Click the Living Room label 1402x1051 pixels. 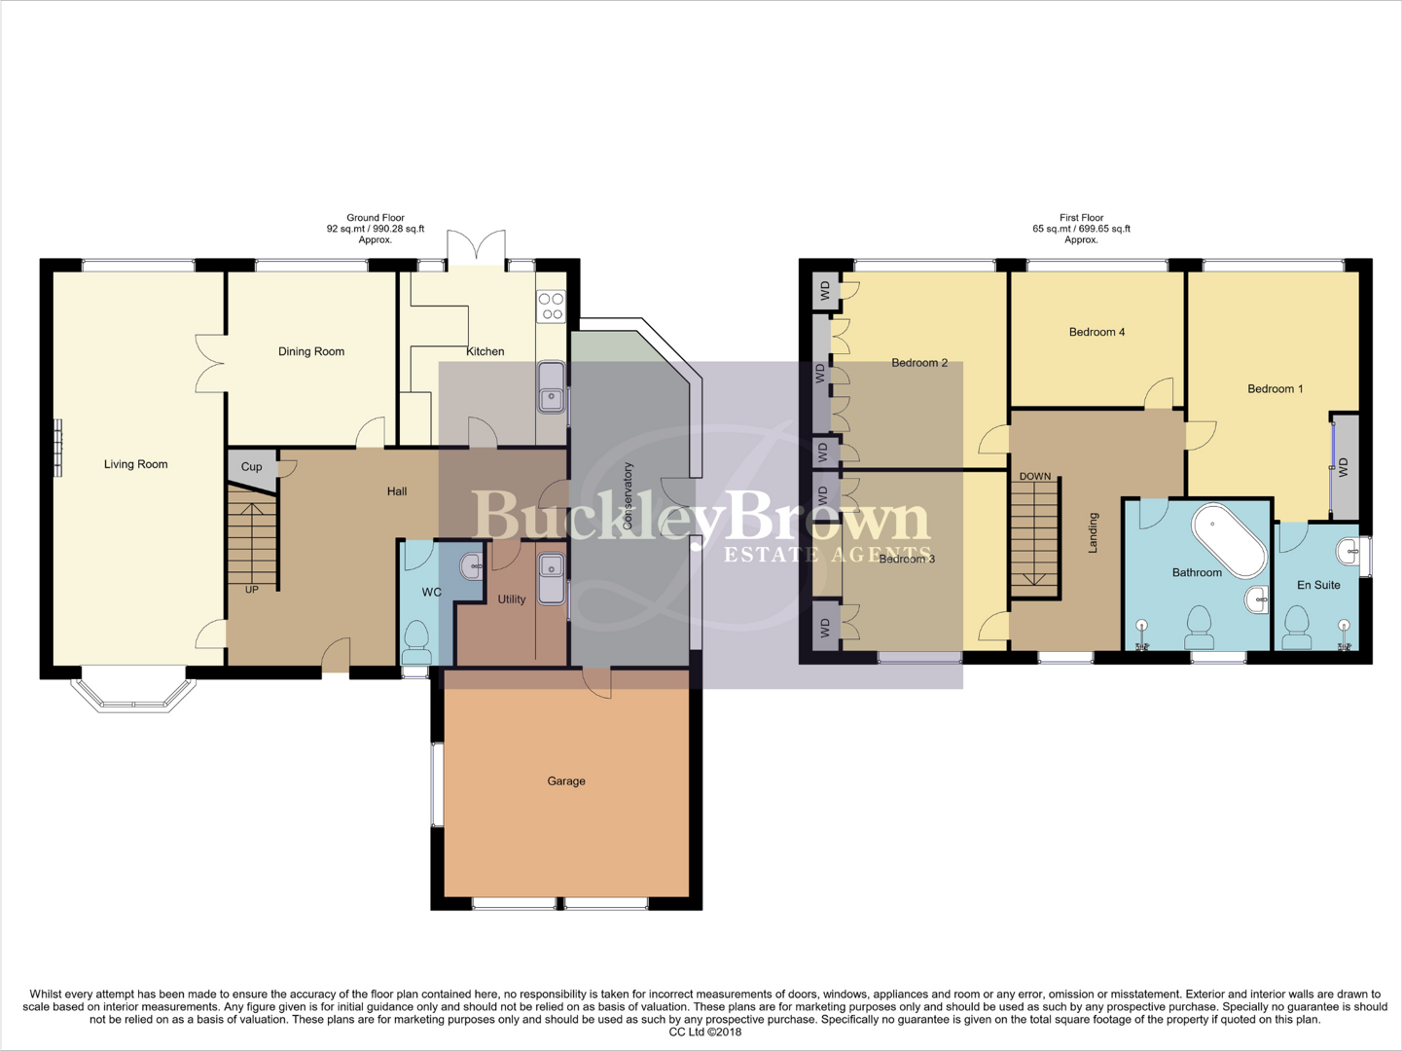click(135, 464)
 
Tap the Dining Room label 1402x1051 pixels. click(310, 351)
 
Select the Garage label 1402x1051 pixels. click(565, 780)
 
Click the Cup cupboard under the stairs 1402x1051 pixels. click(252, 466)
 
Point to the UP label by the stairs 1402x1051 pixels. click(252, 590)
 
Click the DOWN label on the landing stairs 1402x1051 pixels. click(1034, 477)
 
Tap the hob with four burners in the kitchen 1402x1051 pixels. click(551, 307)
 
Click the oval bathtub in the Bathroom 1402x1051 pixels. click(1230, 540)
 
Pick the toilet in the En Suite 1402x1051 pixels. click(1296, 627)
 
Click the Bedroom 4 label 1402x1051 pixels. click(1096, 332)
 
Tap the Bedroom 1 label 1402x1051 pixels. click(1275, 388)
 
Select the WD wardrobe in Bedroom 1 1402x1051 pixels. click(1345, 467)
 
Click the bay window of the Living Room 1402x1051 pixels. click(133, 690)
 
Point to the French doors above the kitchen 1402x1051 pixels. click(477, 248)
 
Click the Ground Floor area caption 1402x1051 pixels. click(375, 229)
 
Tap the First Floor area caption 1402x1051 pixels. click(1081, 229)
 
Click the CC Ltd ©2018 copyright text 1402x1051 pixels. click(704, 1033)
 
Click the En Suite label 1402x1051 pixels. click(1318, 585)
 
